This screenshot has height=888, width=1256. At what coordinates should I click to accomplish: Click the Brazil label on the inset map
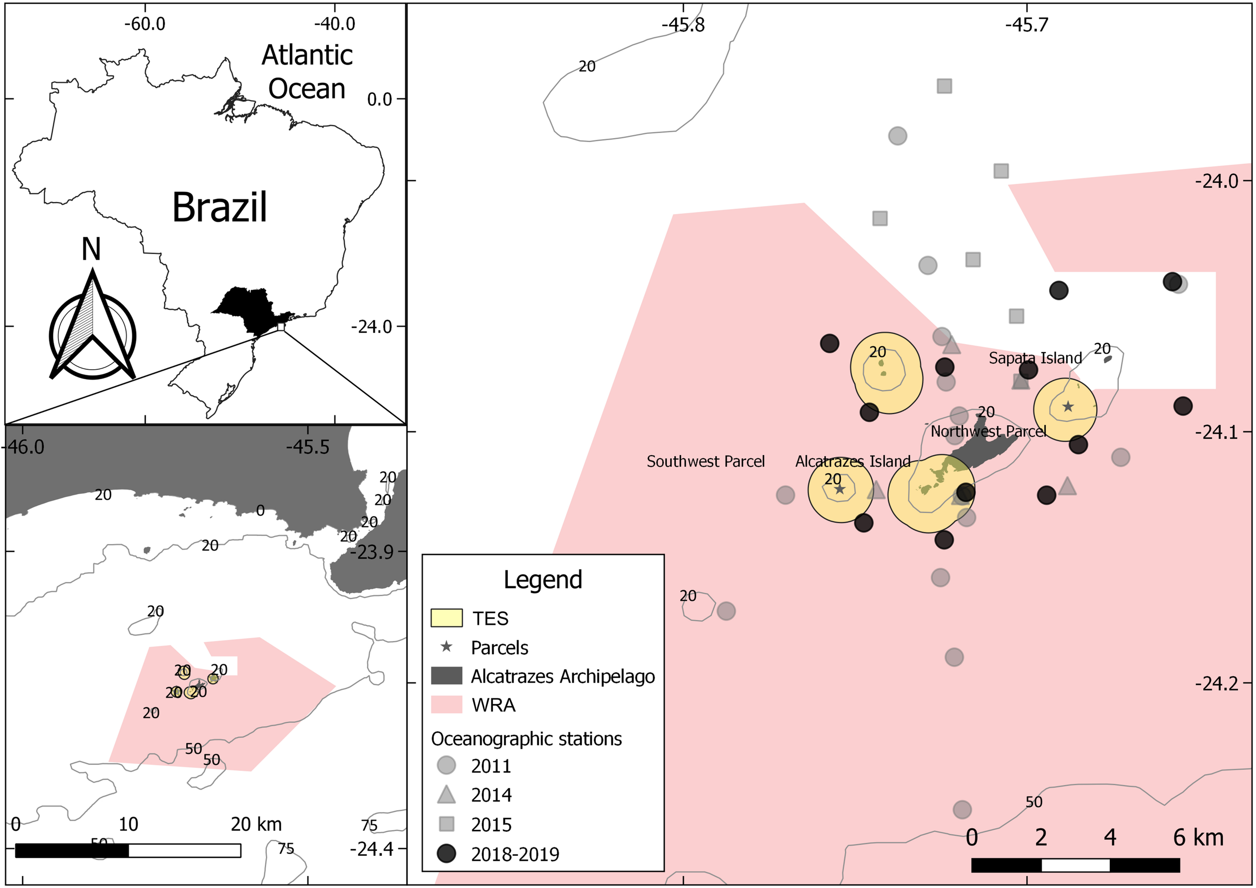point(220,207)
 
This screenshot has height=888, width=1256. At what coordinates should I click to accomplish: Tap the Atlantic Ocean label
point(307,72)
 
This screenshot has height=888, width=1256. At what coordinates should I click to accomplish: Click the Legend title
point(543,580)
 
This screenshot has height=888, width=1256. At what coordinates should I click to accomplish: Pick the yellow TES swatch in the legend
point(447,618)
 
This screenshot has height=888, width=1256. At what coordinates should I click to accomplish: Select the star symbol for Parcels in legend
point(447,647)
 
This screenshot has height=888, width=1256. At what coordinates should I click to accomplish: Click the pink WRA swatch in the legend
point(447,705)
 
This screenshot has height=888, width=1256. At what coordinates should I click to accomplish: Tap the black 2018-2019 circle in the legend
point(447,853)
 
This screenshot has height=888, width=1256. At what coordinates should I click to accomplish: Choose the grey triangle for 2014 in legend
point(447,795)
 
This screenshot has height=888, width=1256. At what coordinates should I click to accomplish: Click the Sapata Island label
point(1035,358)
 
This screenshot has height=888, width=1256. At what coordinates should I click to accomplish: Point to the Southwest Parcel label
point(705,462)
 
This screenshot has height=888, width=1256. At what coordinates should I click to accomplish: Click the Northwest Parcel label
point(989,431)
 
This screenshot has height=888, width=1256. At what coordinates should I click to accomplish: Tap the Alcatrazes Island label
point(852,462)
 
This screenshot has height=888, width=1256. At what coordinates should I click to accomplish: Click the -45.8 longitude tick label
point(683,25)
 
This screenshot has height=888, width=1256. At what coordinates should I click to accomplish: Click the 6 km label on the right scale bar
point(1198,838)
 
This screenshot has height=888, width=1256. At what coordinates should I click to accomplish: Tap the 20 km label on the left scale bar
point(256,824)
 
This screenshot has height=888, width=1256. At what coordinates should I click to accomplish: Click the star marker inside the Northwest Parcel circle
point(1068,407)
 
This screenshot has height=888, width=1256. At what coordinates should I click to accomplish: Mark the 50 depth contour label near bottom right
point(1033,802)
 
